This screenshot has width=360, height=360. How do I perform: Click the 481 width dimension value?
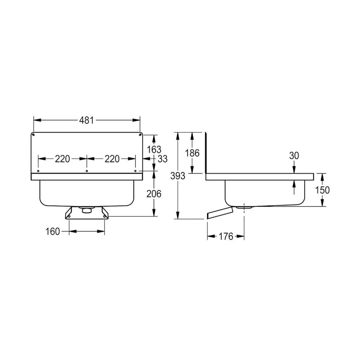[86, 120]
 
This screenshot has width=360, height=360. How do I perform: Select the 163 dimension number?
[154, 149]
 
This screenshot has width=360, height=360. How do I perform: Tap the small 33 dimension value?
[162, 159]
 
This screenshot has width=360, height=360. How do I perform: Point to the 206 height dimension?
[154, 194]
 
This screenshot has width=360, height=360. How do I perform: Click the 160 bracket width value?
[53, 231]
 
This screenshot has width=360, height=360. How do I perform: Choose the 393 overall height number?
[178, 175]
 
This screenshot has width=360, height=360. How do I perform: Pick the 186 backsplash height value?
[192, 153]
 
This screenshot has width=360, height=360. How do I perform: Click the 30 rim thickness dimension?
[294, 155]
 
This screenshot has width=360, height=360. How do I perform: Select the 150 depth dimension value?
[322, 190]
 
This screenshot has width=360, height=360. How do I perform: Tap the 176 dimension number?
[225, 236]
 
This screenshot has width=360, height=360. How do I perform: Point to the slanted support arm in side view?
[219, 213]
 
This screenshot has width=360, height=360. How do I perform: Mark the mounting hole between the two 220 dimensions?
[87, 171]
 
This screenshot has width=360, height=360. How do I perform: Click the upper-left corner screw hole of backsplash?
[34, 135]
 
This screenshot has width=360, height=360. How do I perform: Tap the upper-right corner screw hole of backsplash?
[139, 135]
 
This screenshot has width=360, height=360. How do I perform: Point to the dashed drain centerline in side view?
[244, 218]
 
